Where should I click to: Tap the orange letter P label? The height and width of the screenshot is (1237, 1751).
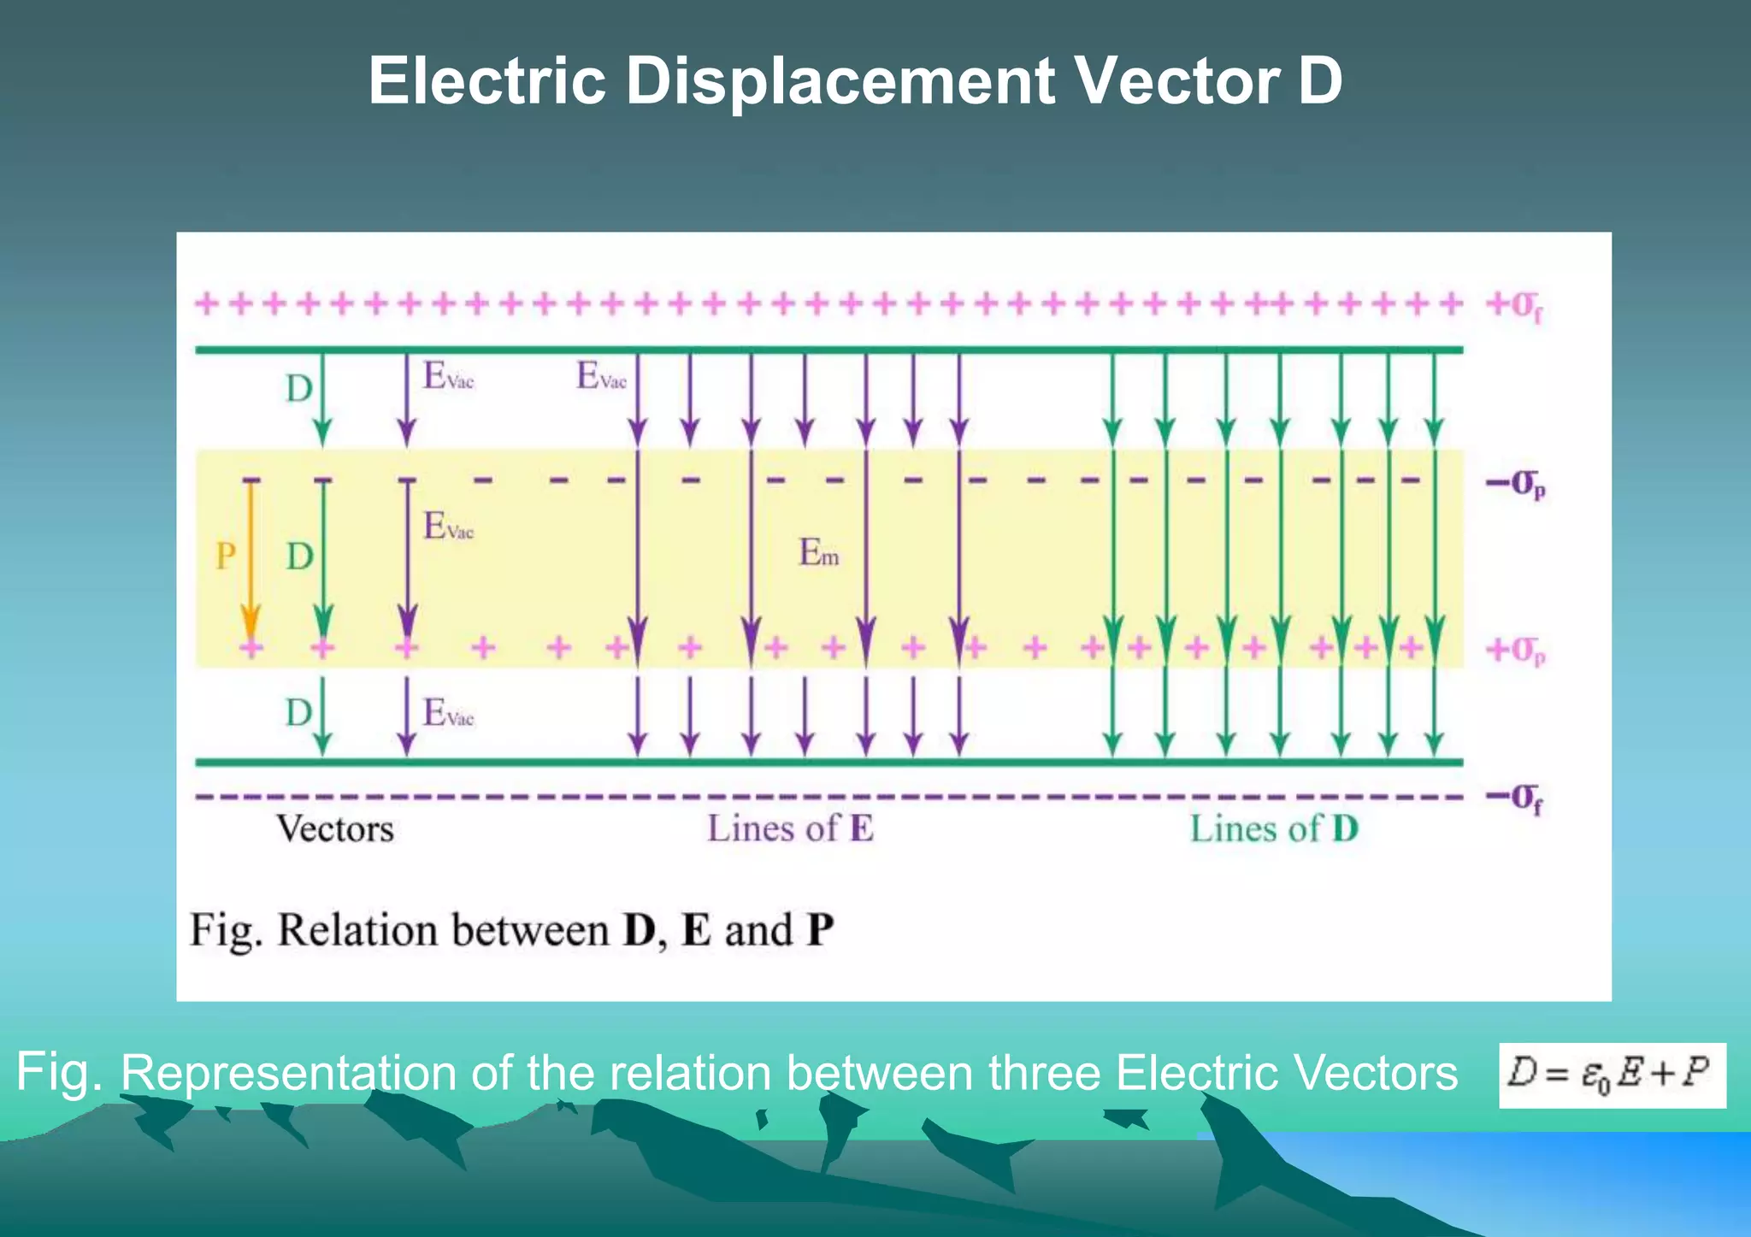pos(226,557)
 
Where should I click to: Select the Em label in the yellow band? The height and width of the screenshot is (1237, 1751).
pos(818,553)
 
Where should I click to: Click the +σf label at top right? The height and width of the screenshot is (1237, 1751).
pos(1514,305)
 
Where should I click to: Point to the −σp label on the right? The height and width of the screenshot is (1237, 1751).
pos(1516,484)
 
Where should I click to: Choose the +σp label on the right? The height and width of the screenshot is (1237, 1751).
pos(1516,651)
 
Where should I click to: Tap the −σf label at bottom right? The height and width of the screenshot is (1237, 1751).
pos(1514,798)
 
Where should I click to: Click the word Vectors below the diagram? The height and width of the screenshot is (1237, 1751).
pos(335,829)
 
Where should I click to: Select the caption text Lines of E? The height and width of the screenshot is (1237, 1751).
pos(790,829)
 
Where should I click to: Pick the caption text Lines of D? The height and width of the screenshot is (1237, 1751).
pos(1274,829)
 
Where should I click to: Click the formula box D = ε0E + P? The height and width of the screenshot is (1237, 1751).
pos(1612,1075)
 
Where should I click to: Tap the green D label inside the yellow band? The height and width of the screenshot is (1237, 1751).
pos(299,557)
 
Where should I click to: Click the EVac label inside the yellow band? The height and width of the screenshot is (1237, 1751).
pos(448,526)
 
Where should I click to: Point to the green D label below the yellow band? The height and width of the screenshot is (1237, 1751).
pos(299,713)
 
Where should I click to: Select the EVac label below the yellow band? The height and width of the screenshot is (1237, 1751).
pos(448,712)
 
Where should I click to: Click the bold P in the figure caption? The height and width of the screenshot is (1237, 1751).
pos(820,930)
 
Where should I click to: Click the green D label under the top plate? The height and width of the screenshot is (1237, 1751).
pos(299,389)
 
